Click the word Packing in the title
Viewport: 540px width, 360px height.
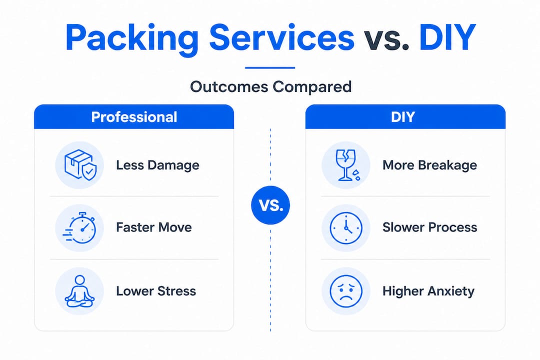coord(132,38)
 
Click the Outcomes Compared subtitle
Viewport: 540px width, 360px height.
coord(270,86)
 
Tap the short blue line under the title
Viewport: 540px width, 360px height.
coord(270,68)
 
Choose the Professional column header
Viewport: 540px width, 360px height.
coord(134,117)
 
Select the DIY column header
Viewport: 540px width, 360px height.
coord(405,117)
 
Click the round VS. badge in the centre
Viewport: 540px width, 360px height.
coord(270,205)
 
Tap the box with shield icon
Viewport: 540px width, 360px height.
coord(80,164)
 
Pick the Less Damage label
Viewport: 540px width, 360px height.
coord(157,165)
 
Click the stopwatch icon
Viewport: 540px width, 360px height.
coord(79,228)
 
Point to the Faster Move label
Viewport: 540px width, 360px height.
coord(154,227)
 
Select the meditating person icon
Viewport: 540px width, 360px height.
coord(79,291)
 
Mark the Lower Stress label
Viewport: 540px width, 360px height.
coord(156,291)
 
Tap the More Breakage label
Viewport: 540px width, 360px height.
coord(430,165)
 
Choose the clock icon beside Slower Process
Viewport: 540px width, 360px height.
coord(346,228)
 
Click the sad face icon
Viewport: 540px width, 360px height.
coord(346,291)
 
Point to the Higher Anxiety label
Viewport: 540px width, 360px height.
coord(428,291)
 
